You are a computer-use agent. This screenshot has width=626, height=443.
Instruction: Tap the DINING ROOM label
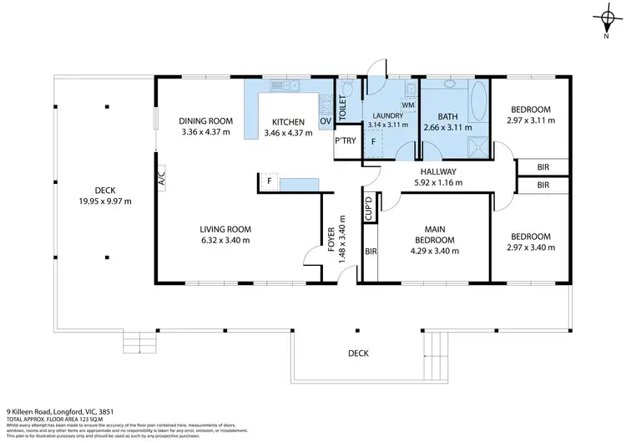pyautogui.click(x=206, y=120)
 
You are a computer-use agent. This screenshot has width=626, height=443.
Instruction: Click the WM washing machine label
pyautogui.click(x=409, y=104)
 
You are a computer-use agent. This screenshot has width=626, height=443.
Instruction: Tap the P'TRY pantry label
pyautogui.click(x=346, y=140)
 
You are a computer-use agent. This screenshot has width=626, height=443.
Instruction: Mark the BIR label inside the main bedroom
pyautogui.click(x=371, y=251)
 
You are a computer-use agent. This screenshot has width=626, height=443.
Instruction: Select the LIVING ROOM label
pyautogui.click(x=225, y=229)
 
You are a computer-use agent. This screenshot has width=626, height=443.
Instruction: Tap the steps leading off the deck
pyautogui.click(x=139, y=342)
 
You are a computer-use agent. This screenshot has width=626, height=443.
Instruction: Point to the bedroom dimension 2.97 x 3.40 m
pyautogui.click(x=530, y=247)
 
